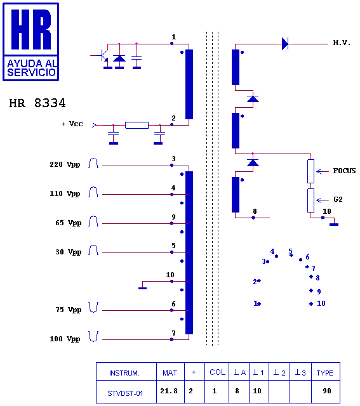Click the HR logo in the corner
(31, 42)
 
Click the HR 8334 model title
(37, 103)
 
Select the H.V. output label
(342, 43)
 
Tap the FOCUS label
(344, 171)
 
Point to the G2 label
(338, 199)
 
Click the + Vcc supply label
(72, 124)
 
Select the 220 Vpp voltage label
(65, 165)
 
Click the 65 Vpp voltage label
(69, 223)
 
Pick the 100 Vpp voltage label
(65, 339)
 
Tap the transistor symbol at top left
(103, 55)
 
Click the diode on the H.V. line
(285, 44)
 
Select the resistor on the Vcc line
(137, 126)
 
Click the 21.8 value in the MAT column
(169, 391)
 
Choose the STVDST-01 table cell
(125, 393)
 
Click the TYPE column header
(324, 373)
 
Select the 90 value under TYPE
(327, 391)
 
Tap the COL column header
(217, 372)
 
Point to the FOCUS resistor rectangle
(310, 171)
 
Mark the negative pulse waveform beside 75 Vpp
(93, 307)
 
